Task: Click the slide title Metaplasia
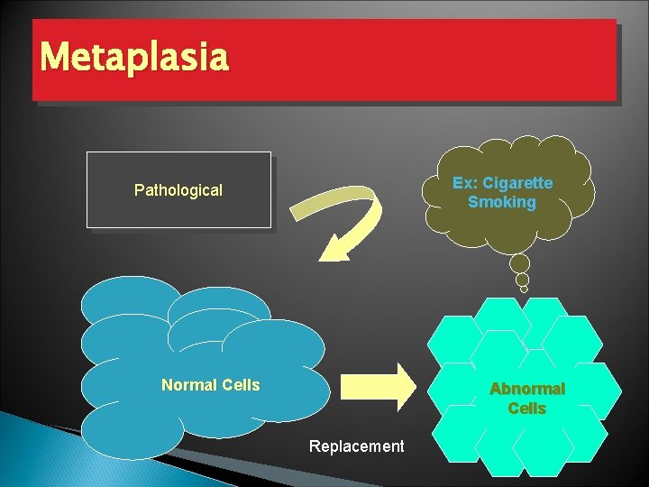click(134, 58)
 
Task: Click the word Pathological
click(178, 190)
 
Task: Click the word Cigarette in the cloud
click(518, 183)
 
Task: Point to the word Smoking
click(502, 203)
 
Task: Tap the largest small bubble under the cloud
click(519, 263)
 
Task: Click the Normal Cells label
click(210, 385)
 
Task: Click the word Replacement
click(356, 446)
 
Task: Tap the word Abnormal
click(527, 390)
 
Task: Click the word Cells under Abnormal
click(527, 409)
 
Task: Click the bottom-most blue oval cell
click(133, 431)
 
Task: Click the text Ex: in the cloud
click(465, 183)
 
